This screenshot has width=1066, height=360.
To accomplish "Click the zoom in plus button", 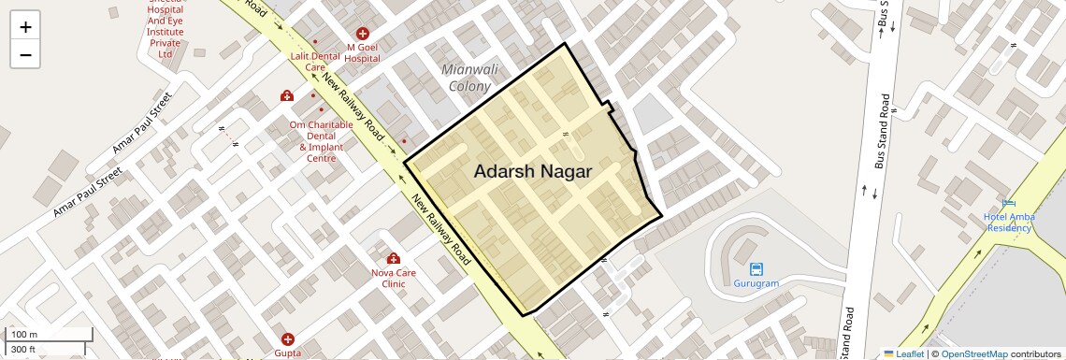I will tap(25, 26).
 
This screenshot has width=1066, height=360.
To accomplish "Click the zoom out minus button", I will tap(25, 54).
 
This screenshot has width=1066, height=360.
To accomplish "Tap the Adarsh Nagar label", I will tap(532, 172).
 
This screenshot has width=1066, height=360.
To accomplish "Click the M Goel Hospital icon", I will tap(363, 34).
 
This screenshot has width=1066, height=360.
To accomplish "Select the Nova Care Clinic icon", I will tap(393, 258).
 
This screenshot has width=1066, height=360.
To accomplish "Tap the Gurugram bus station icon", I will tap(756, 269).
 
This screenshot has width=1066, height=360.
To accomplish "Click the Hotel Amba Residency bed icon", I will tap(1008, 204).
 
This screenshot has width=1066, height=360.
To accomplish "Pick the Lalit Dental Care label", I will tap(315, 62).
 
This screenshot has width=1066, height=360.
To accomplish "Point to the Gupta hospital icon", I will tap(288, 338).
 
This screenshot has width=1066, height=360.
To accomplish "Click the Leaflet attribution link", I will tap(908, 353).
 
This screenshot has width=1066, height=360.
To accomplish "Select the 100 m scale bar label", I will tap(24, 335).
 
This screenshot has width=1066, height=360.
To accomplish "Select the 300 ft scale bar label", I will tap(23, 350).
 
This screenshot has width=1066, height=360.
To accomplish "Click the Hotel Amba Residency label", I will tap(1008, 223).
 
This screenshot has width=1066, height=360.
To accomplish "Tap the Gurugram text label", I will tap(756, 283).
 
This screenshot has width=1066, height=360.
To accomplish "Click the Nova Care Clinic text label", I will tap(393, 278).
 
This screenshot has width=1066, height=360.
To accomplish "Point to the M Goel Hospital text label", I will tap(363, 52).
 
